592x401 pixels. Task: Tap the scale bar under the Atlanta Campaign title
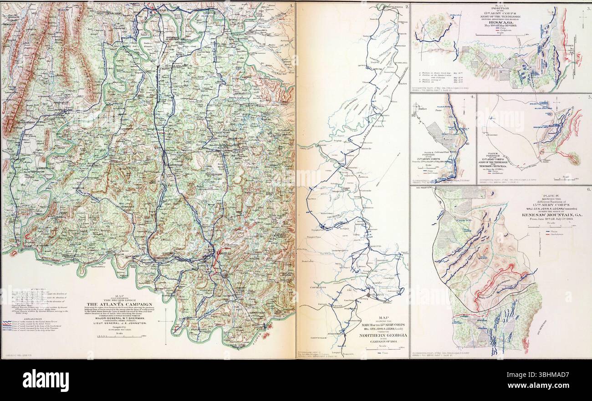tap(120, 337)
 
